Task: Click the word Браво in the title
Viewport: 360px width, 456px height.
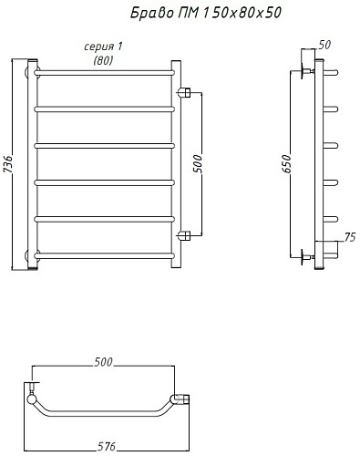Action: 152,13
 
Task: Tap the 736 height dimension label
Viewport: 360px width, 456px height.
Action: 8,164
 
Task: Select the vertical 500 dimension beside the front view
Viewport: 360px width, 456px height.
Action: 198,163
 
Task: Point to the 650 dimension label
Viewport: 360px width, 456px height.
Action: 286,163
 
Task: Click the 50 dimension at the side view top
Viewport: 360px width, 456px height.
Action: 324,45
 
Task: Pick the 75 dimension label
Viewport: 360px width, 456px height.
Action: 350,237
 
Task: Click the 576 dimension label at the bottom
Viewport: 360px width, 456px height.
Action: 107,446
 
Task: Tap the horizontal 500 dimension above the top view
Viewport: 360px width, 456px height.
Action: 103,362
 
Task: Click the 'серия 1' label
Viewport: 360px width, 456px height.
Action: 103,47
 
